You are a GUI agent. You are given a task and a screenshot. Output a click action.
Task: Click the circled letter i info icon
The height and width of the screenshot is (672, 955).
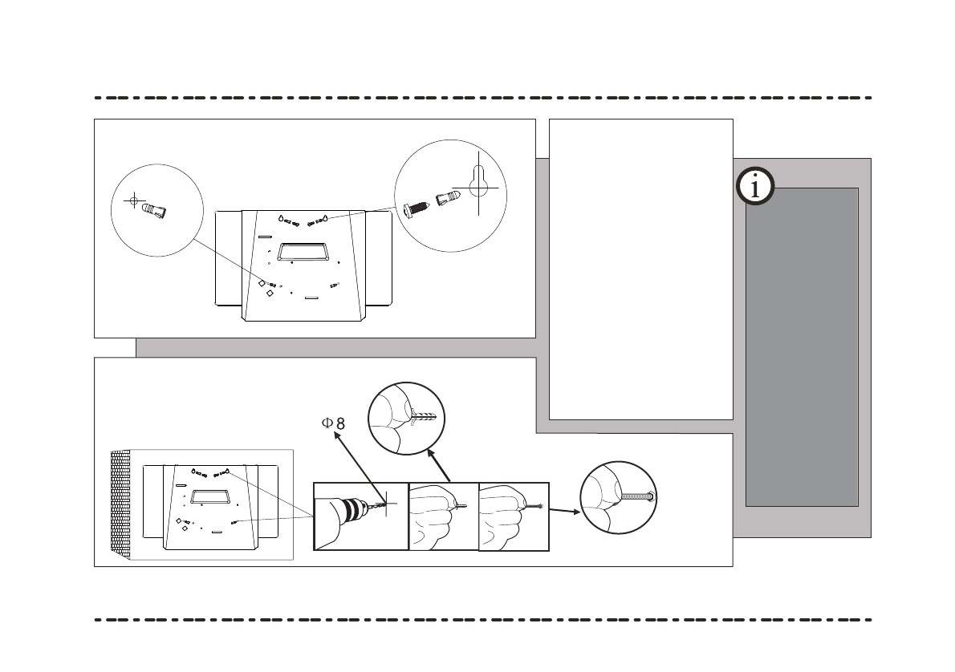pos(754,187)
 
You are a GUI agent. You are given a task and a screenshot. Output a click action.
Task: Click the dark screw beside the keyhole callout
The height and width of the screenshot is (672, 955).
pos(417,204)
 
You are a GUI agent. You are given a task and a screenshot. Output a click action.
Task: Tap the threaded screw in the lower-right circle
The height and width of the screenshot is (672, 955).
pos(640,496)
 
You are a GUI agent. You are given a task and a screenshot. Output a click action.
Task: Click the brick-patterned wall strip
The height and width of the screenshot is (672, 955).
pos(120,505)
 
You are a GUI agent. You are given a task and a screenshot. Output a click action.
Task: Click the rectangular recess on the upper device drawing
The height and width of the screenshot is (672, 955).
pos(303,252)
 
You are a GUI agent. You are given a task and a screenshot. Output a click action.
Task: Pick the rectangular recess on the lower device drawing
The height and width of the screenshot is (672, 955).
pos(210,497)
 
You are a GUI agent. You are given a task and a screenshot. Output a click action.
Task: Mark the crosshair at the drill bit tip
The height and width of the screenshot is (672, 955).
pos(386,504)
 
